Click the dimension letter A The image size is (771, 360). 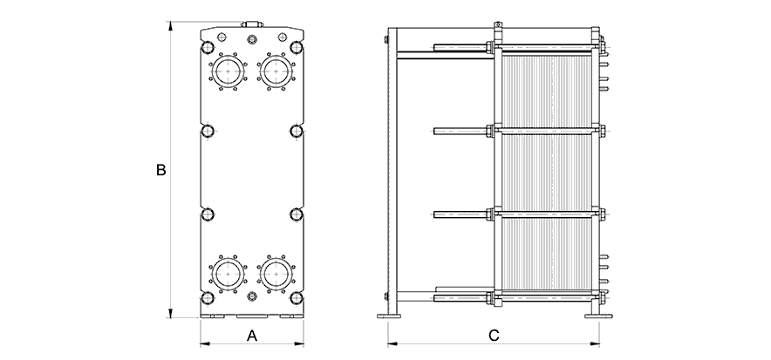coord(251,335)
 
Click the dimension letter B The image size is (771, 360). coord(160,171)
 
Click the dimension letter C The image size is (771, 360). coord(494,335)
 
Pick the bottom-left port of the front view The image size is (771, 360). coord(229,272)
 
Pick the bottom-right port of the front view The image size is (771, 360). coord(276,272)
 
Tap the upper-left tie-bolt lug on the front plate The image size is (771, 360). coord(208,132)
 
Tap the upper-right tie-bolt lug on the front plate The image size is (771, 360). coord(297,132)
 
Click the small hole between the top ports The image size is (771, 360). coord(252,39)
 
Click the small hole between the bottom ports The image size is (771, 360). coord(252,298)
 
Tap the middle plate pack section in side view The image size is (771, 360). coord(547,172)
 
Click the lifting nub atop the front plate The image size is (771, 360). coord(252,26)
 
